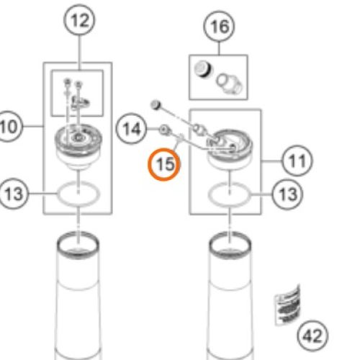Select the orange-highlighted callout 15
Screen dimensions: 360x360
point(166,163)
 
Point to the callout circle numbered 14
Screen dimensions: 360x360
point(131,130)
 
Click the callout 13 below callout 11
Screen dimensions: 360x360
point(288,194)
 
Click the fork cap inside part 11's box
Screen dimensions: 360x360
point(230,148)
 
